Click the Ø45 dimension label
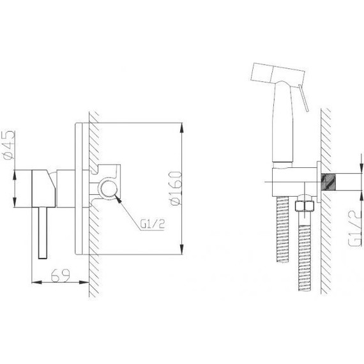9,146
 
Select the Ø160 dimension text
176,188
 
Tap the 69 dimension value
61,275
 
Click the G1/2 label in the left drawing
152,224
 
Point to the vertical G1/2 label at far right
354,229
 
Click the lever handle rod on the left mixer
43,233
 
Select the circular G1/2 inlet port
108,188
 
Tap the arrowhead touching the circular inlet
118,199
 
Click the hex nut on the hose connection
304,206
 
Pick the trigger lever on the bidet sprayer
303,98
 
